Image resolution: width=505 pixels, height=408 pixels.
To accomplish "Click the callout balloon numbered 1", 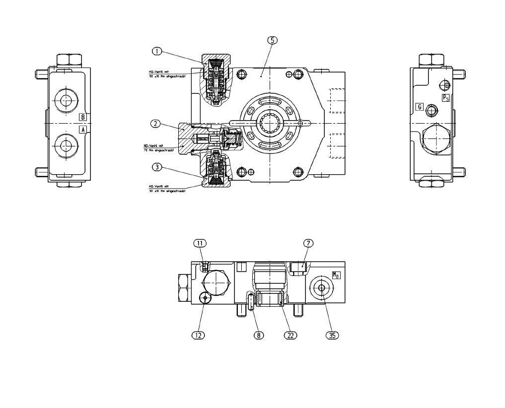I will (157, 51).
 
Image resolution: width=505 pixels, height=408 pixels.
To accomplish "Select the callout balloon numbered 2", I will (156, 124).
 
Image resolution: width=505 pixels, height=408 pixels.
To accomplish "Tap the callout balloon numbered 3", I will (157, 167).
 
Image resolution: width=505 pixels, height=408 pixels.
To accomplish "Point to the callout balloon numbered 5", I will (272, 41).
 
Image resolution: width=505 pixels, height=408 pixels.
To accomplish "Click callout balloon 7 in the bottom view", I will (308, 243).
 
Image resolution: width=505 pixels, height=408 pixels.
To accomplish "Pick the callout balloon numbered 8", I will (258, 335).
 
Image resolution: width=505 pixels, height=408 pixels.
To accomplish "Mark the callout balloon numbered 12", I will (199, 335).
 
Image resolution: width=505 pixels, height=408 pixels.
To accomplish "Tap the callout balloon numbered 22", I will (290, 335).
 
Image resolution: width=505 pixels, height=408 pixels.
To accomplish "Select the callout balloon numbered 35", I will (332, 335).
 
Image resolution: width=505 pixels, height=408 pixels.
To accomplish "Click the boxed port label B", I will (83, 117).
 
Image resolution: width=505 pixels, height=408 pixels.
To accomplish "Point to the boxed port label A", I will (83, 129).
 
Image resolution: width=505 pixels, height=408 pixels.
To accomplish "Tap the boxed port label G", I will (420, 106).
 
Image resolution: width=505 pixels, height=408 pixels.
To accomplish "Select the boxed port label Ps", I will (445, 98).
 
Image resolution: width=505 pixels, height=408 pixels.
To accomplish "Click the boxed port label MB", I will (336, 275).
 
